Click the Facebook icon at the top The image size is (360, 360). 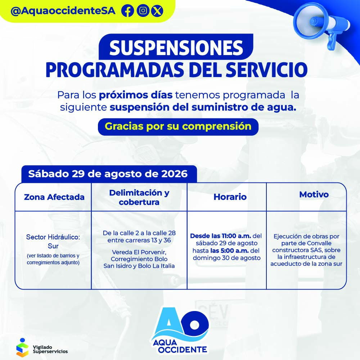pos(128,11)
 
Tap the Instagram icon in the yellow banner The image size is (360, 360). pos(143,11)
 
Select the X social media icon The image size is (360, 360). pos(157,11)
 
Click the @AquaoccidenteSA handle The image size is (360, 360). pos(63,11)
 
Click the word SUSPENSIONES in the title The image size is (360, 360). pos(176,48)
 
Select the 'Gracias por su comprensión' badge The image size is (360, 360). pos(178,126)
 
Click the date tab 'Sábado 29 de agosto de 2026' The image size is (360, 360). pos(108,174)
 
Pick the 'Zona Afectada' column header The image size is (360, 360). pos(54,197)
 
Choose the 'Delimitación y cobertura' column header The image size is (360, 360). pos(139,197)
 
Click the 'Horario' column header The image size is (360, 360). pos(230,197)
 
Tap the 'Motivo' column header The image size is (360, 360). pos(314,194)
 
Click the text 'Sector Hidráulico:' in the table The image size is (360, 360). pos(53,237)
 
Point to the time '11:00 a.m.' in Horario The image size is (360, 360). pos(236,236)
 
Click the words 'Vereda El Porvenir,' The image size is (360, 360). pos(139,252)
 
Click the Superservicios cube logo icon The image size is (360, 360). pos(22,347)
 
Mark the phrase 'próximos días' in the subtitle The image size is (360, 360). pos(136,95)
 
